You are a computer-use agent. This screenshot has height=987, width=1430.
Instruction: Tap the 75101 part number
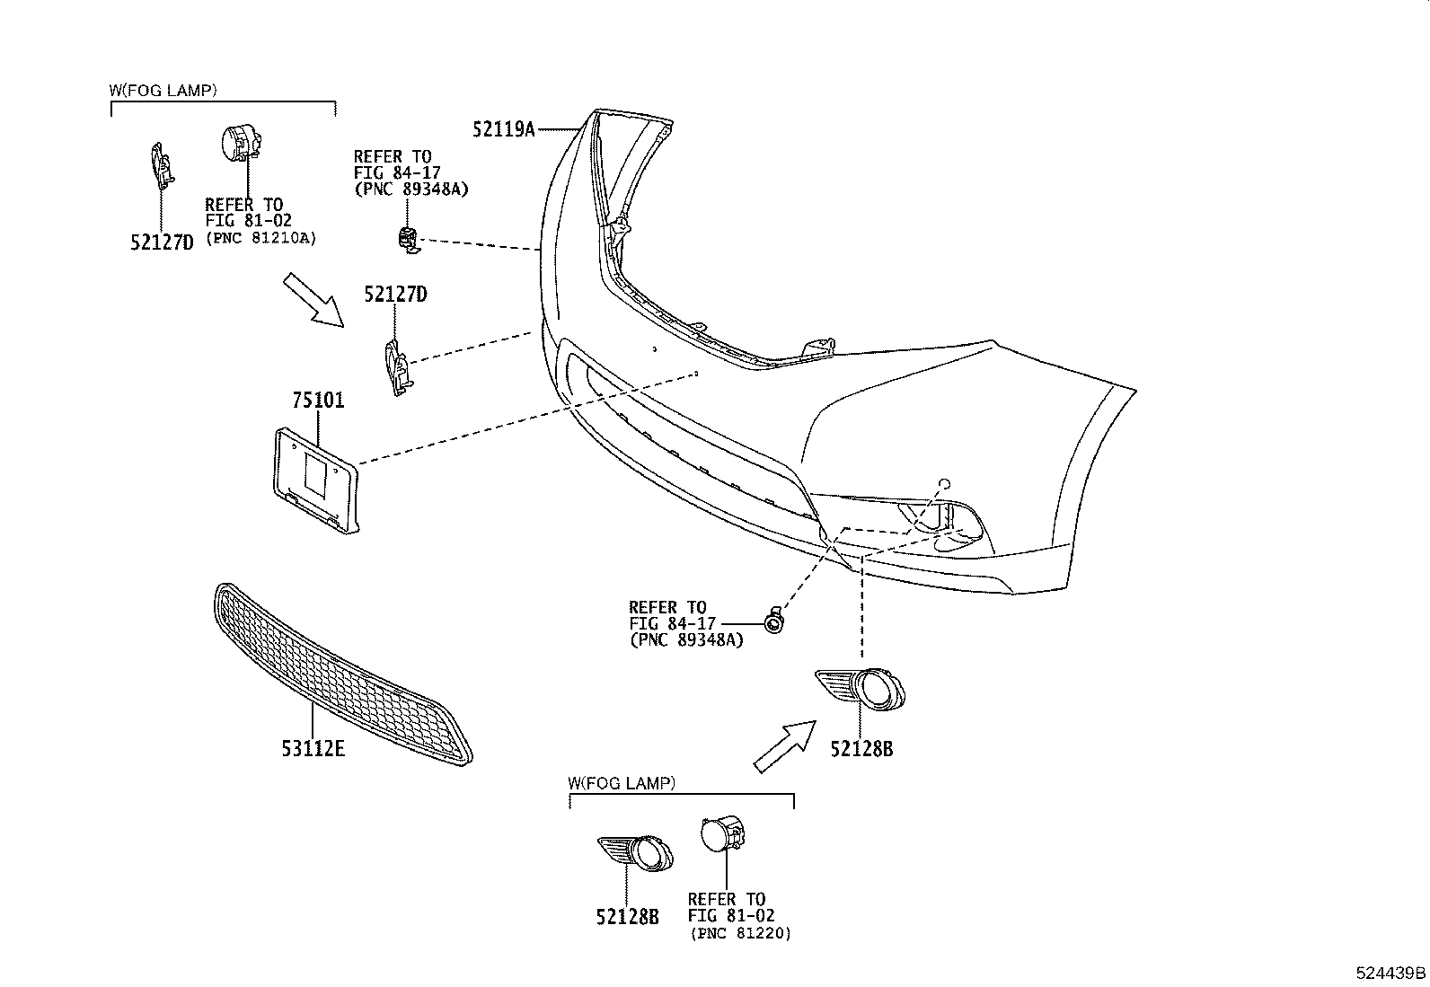[x=317, y=400]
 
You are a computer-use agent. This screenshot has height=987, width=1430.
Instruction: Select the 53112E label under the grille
[x=313, y=747]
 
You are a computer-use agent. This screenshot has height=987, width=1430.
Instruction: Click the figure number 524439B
[x=1390, y=973]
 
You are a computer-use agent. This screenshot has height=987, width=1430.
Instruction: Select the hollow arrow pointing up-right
[x=784, y=745]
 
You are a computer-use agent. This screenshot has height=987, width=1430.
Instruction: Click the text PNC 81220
[x=740, y=934]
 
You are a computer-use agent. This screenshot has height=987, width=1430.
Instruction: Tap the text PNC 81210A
[x=261, y=238]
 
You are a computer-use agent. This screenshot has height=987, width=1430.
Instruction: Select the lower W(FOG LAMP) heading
[x=622, y=783]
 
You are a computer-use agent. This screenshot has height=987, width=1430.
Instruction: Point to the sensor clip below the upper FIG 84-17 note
[x=407, y=240]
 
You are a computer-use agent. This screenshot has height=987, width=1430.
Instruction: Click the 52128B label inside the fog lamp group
[x=627, y=917]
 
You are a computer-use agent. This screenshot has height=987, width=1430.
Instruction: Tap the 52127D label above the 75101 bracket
[x=395, y=294]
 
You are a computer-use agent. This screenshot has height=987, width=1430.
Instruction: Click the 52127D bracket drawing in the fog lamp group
[x=160, y=166]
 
